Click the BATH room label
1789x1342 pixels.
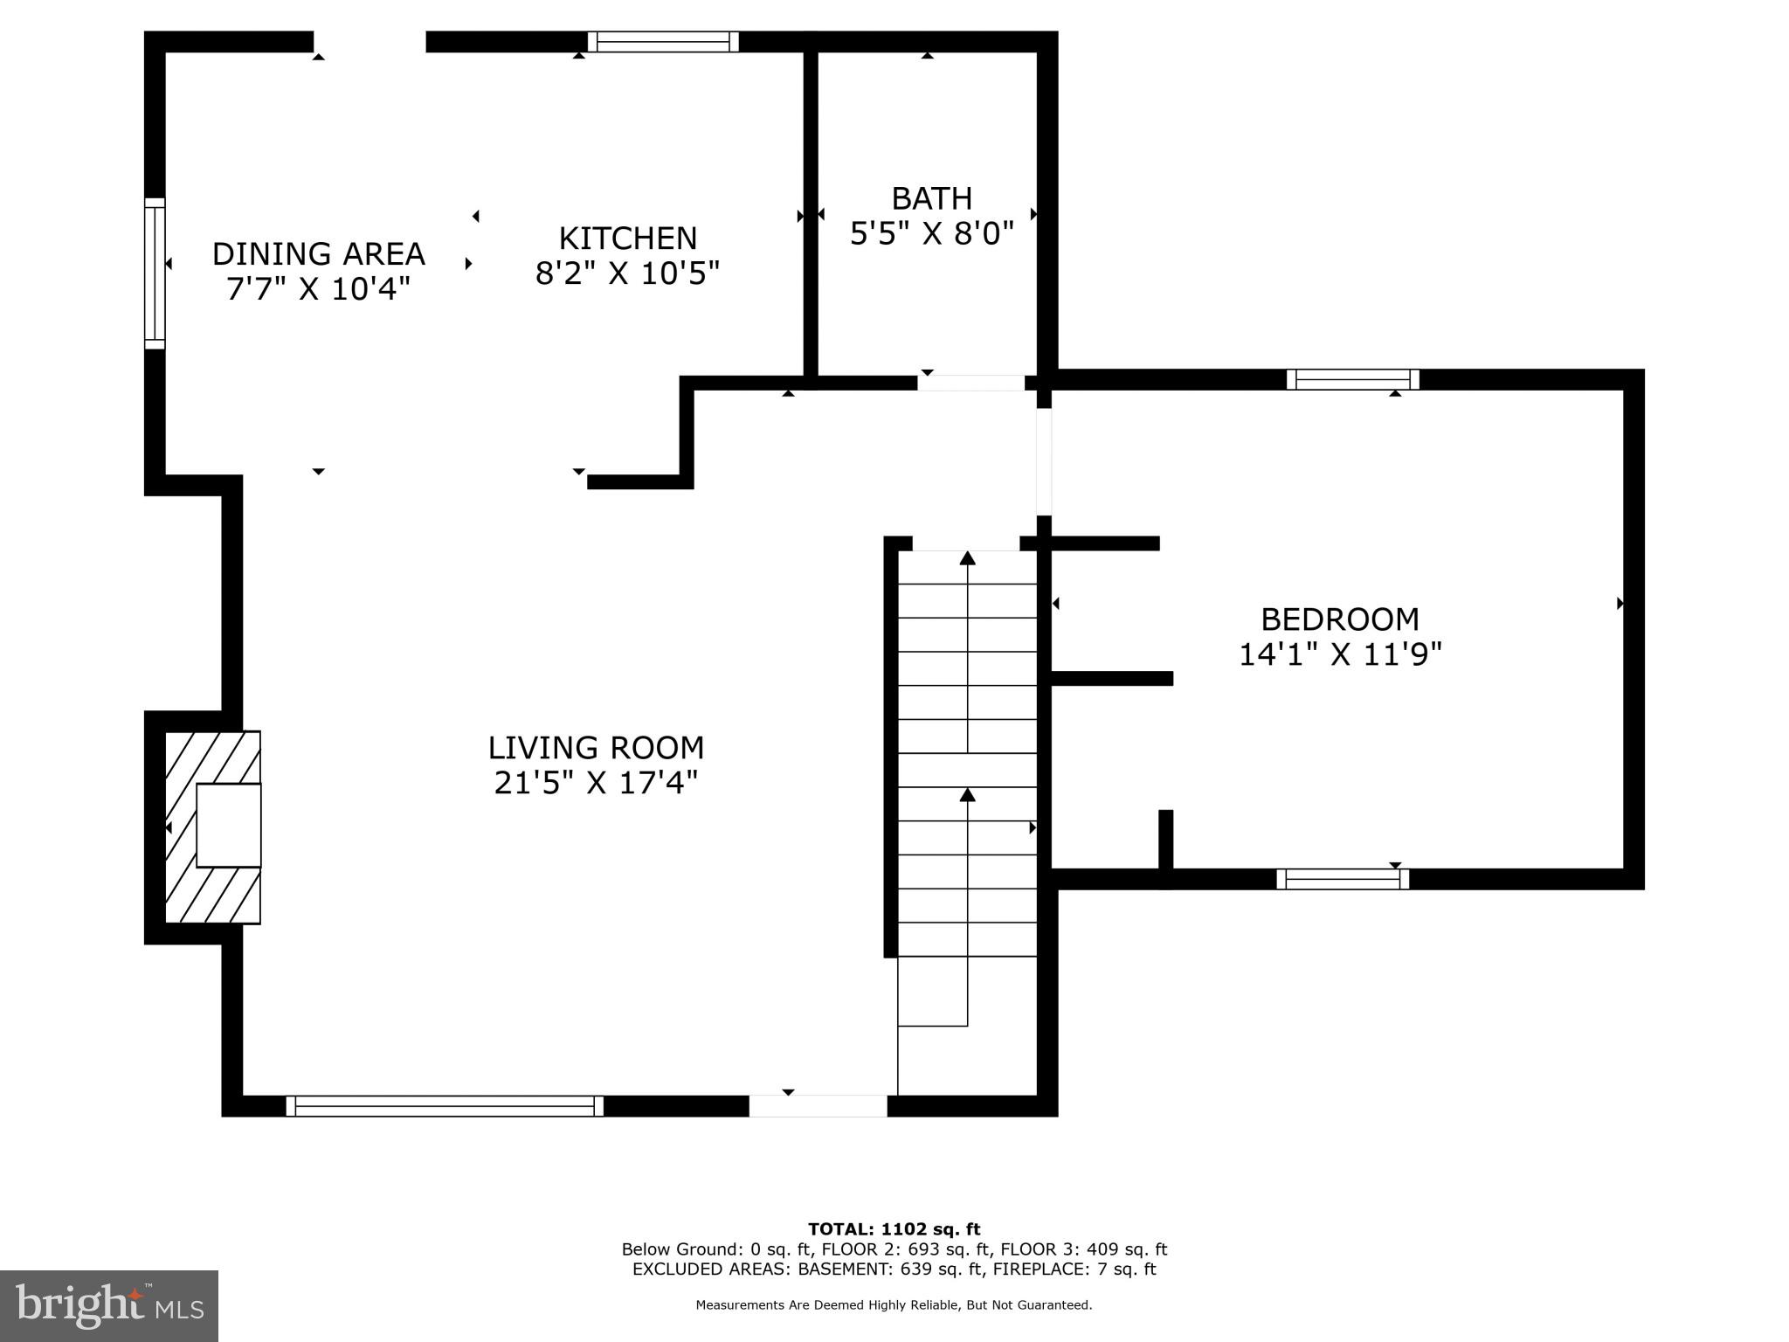click(x=931, y=198)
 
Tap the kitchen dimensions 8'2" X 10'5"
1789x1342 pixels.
click(x=627, y=273)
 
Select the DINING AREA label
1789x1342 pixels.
click(x=318, y=254)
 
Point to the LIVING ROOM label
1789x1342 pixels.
click(x=596, y=748)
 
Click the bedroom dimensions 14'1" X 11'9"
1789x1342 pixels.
click(x=1340, y=654)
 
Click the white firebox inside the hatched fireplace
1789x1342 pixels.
click(x=228, y=825)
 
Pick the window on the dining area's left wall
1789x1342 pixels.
click(x=155, y=273)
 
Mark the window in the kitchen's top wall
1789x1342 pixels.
click(x=663, y=42)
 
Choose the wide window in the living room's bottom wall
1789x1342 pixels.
click(x=445, y=1105)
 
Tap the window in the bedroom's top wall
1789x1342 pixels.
click(x=1352, y=379)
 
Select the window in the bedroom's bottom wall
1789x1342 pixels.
click(x=1343, y=879)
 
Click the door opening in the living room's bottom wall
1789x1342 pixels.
click(x=818, y=1105)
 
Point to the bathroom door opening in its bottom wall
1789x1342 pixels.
click(x=970, y=383)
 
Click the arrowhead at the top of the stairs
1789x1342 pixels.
click(x=967, y=557)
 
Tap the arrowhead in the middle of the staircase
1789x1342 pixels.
click(x=967, y=794)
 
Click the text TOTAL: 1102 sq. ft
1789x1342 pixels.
click(x=894, y=1229)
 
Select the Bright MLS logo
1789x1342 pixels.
click(x=109, y=1305)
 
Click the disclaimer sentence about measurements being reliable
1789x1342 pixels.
click(x=894, y=1304)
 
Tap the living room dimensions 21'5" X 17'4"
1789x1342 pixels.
click(x=596, y=783)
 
